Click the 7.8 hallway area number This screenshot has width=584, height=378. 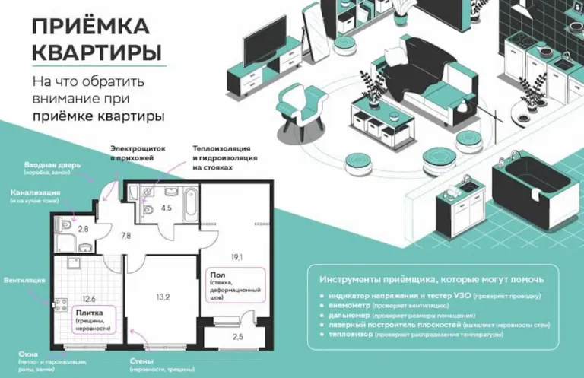(125, 236)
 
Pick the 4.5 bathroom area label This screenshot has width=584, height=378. (166, 206)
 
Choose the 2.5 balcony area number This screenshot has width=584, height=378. (238, 336)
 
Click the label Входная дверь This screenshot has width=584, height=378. (52, 164)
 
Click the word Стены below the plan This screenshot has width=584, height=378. (142, 361)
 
